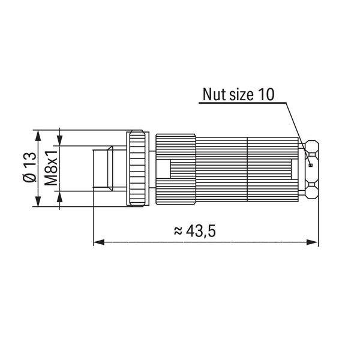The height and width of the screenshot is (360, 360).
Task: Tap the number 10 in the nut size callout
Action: [266, 94]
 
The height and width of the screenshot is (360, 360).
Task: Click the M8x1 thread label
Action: [51, 168]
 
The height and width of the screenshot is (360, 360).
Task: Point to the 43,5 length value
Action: [201, 231]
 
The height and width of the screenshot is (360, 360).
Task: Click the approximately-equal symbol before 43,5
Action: [178, 231]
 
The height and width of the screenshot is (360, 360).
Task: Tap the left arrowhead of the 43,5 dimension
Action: [99, 242]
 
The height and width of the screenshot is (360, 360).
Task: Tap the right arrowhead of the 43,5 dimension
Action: [313, 242]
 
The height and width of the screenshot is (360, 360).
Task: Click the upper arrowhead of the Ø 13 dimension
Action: [38, 136]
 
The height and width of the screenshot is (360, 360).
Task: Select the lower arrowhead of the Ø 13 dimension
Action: [38, 201]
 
